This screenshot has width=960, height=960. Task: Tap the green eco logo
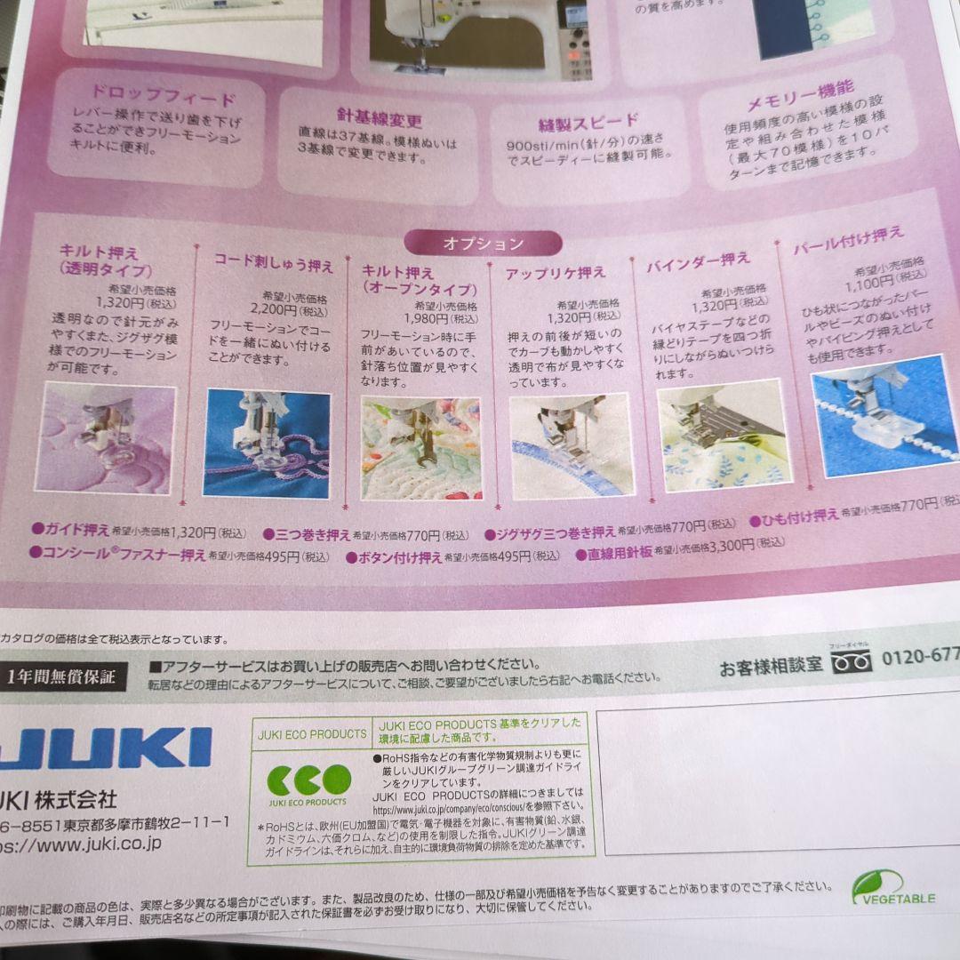(309, 780)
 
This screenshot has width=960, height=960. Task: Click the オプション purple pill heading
(483, 243)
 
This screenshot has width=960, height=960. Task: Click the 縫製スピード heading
(588, 122)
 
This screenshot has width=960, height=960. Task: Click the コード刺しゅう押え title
(273, 264)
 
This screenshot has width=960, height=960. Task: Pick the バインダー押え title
(698, 261)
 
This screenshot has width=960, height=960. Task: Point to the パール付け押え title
(848, 241)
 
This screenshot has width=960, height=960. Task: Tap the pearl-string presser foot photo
(884, 414)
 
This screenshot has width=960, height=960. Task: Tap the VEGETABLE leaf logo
(892, 888)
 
